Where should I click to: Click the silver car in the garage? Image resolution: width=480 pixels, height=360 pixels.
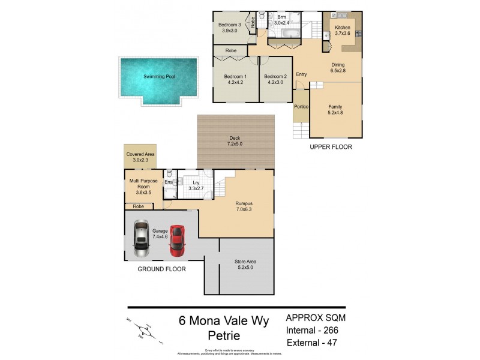pos(141,236)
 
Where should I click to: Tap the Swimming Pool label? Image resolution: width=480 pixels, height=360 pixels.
pos(159,77)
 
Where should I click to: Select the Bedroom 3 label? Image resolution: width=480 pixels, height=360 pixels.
pos(231,28)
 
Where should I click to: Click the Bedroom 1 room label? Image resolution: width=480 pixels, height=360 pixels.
pos(235,80)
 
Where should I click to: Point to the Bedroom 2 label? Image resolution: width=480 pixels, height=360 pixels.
pos(276,80)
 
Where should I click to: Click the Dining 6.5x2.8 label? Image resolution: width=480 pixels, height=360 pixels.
pos(338,68)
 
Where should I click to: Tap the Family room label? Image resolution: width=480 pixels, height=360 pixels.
pos(335,110)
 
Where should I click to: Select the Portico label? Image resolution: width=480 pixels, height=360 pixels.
pos(301,107)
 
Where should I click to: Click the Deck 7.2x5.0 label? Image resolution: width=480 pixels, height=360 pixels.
pos(235,142)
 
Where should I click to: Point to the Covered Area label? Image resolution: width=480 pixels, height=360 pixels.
pos(140,158)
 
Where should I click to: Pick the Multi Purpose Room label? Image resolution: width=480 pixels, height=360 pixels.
pos(139,187)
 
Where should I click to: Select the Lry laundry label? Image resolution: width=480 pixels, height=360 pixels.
pos(196,185)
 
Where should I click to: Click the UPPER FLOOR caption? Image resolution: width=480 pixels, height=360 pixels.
pos(331,147)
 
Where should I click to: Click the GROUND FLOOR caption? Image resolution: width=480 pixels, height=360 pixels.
pos(162,269)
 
